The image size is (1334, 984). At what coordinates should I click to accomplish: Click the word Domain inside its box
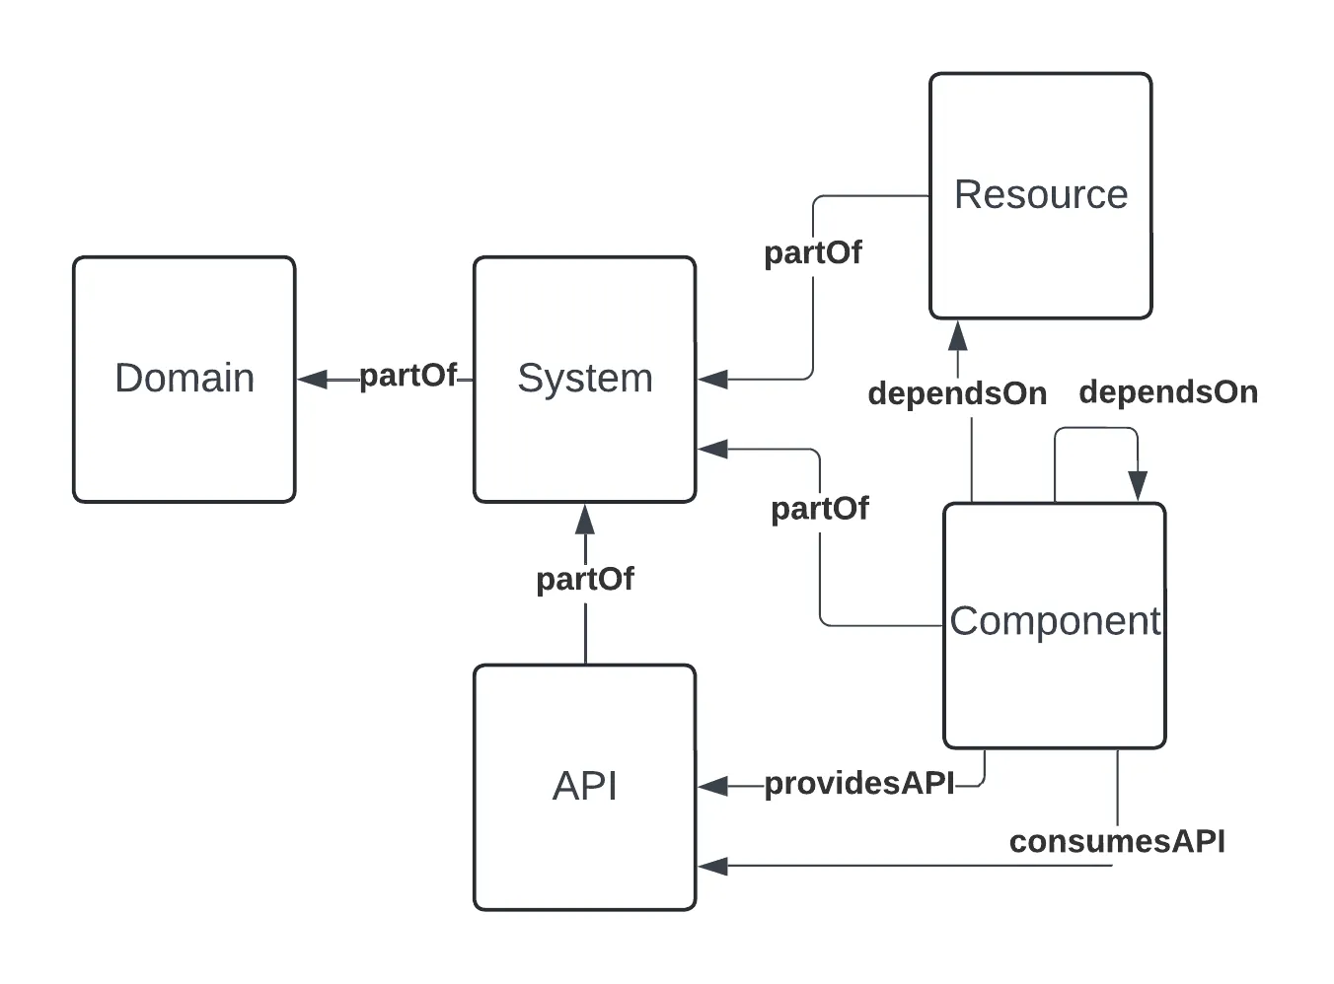coord(185,379)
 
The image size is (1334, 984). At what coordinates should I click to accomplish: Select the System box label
coord(585,379)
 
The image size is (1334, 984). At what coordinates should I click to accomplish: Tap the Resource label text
coord(1041,194)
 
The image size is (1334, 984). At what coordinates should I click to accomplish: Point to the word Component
coord(1055,621)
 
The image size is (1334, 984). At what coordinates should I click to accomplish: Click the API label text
coord(585,786)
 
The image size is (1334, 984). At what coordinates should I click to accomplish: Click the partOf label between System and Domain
coord(408,376)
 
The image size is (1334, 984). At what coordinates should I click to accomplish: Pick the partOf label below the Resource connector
coord(813,253)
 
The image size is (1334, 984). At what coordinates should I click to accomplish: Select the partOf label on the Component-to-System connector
coord(820,509)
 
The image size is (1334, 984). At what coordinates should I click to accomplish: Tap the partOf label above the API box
coord(585,579)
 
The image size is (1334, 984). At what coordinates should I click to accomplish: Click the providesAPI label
coord(859,783)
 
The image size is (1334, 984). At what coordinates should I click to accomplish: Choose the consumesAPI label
coord(1117,842)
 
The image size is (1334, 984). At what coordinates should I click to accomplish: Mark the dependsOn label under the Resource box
coord(957,393)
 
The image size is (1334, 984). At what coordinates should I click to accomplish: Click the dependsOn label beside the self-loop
coord(1168,392)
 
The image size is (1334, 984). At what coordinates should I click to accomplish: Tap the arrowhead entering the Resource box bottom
coord(957,336)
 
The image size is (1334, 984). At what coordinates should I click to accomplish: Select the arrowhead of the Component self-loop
coord(1138,485)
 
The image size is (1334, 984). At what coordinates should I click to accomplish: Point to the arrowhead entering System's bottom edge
coord(585,520)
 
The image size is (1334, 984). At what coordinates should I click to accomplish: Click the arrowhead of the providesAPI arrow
coord(713,786)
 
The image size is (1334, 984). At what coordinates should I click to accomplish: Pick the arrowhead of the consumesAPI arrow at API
coord(713,867)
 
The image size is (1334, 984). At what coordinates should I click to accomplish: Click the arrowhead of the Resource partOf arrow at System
coord(713,379)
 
